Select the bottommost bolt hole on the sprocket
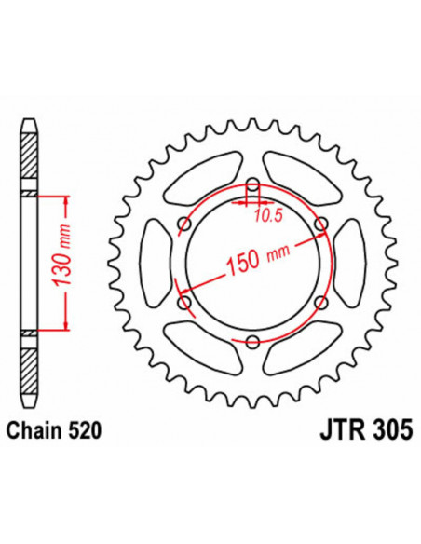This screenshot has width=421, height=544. pos(251,343)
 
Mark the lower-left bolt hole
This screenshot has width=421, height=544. pos(183,304)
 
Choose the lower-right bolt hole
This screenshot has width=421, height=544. pos(320,304)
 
